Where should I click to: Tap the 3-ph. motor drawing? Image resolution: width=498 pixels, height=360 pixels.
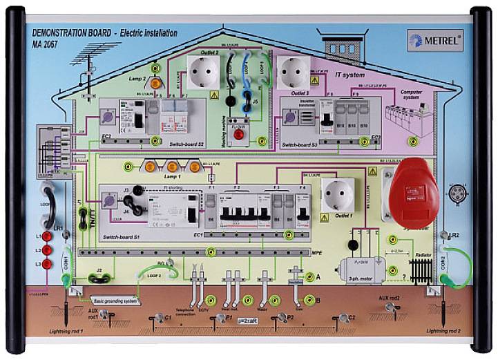point(357,265)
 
